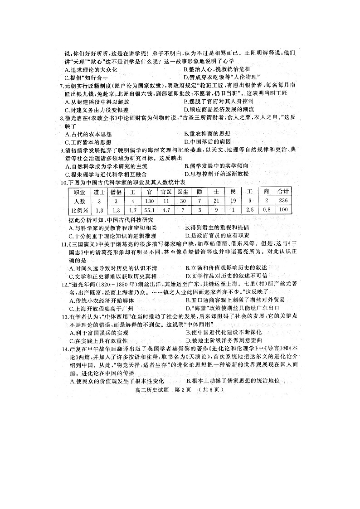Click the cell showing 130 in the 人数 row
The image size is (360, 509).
click(147, 201)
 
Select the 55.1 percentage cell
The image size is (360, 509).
click(147, 210)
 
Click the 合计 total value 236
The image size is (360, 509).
click(283, 201)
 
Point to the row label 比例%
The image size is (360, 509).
click(79, 210)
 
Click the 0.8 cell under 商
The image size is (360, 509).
click(267, 210)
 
